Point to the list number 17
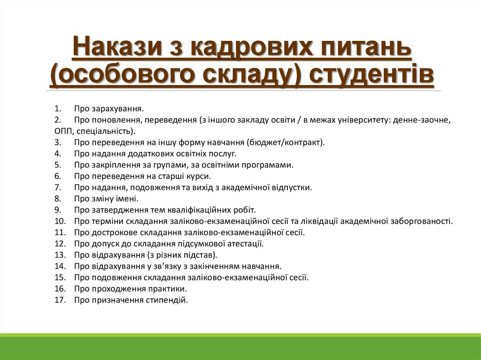[59, 300]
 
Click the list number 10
[59, 221]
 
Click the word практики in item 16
[170, 289]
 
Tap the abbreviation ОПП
[62, 131]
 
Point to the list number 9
[57, 210]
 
